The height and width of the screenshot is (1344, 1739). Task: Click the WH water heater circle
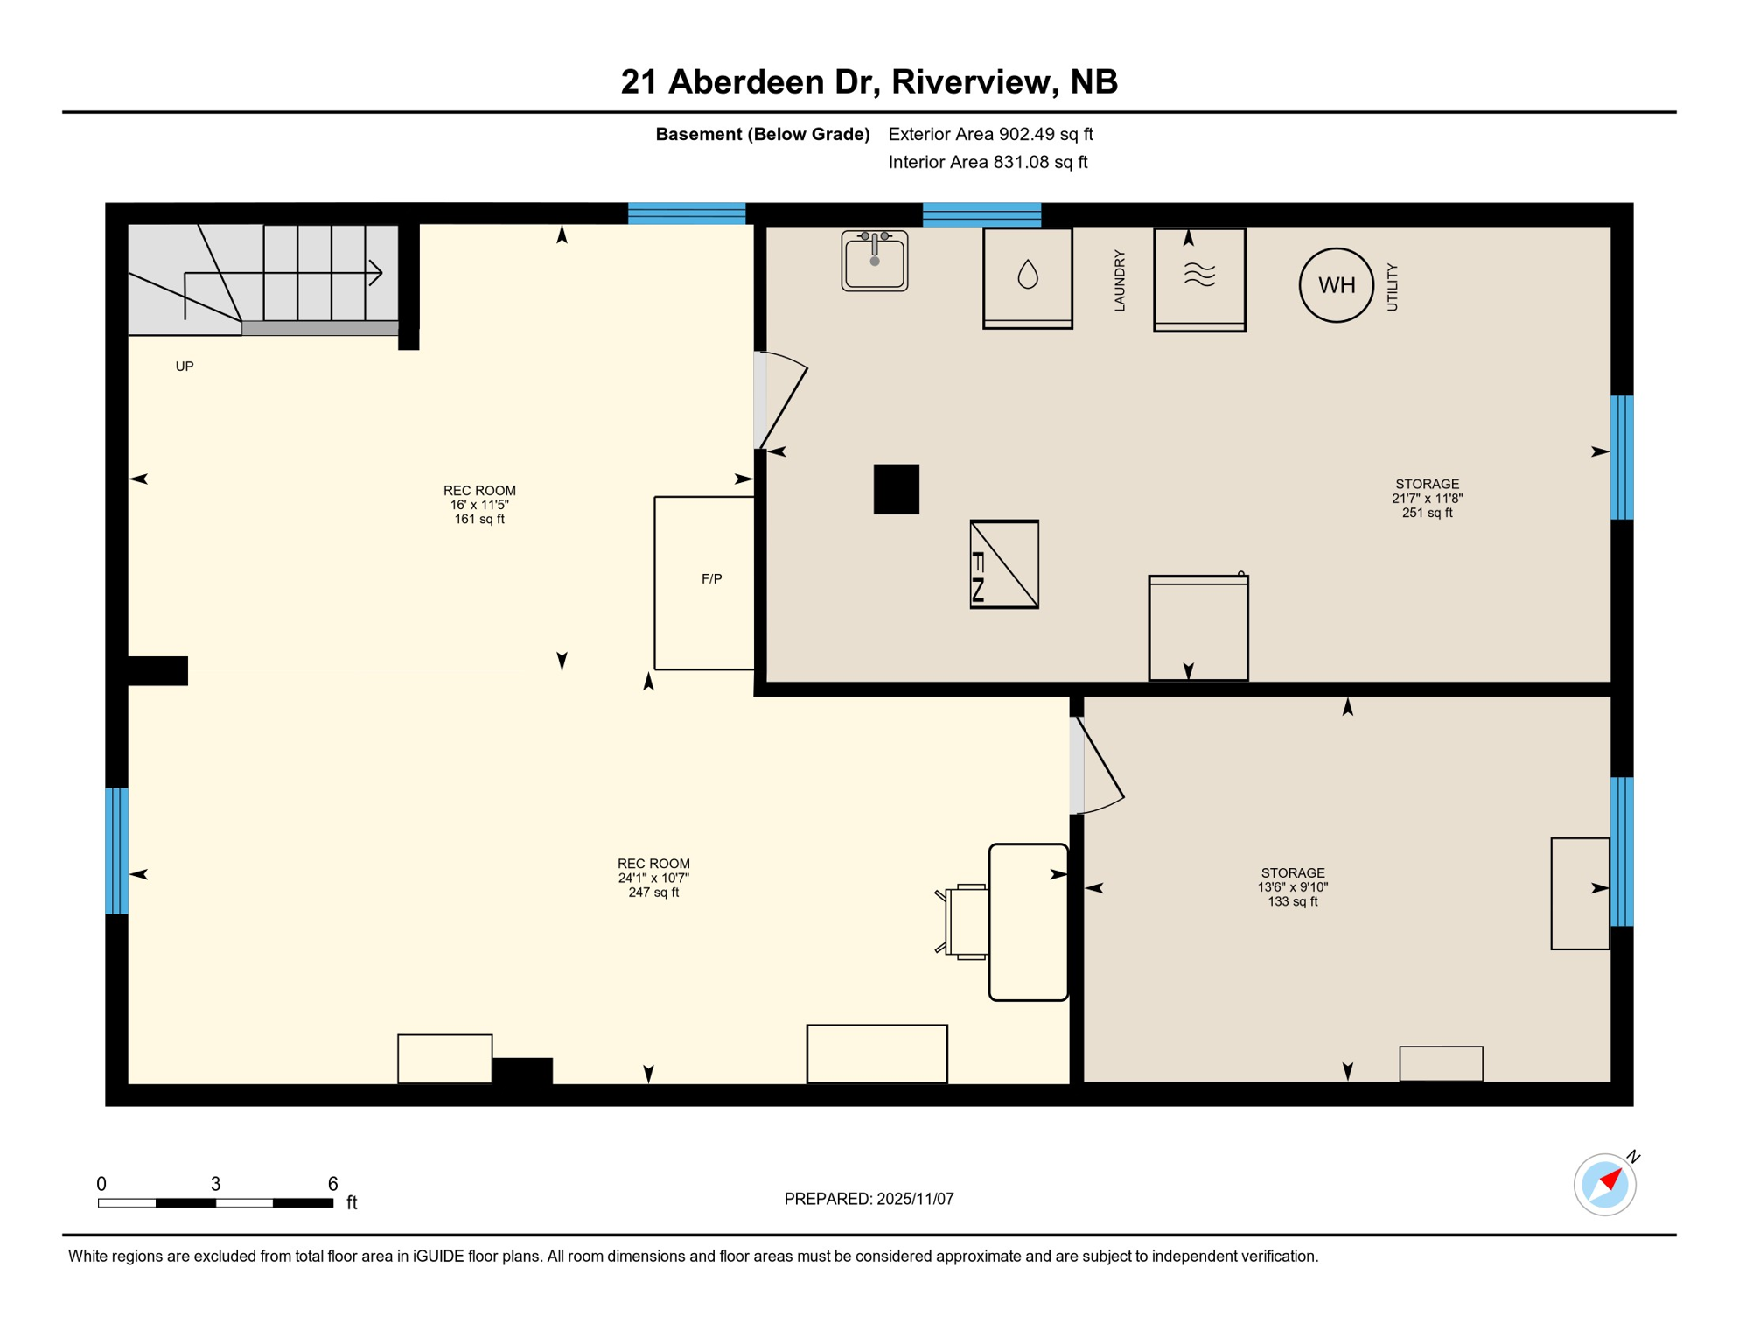1336,285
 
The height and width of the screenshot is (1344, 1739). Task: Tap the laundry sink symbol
874,261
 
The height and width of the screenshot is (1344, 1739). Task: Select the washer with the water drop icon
1027,277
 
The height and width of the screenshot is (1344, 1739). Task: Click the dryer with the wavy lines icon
1198,279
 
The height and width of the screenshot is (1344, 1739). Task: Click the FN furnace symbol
1004,564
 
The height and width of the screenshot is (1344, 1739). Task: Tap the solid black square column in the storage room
896,489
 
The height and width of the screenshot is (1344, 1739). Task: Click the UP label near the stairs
185,367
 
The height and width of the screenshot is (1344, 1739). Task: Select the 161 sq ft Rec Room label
479,505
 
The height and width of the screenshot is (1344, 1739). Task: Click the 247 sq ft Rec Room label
653,878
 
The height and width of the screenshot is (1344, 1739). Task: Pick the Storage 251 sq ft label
1427,498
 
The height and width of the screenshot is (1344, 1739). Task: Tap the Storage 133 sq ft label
1292,886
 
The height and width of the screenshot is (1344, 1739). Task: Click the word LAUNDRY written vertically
1119,281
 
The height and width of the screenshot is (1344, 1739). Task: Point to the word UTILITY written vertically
1392,287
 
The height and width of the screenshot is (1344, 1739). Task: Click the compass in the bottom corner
1604,1184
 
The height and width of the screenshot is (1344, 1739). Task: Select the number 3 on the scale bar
215,1184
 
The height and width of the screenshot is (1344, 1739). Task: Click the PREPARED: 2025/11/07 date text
869,1199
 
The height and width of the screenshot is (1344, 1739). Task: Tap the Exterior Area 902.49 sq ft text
990,134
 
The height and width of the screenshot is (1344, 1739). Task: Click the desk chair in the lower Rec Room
965,921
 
